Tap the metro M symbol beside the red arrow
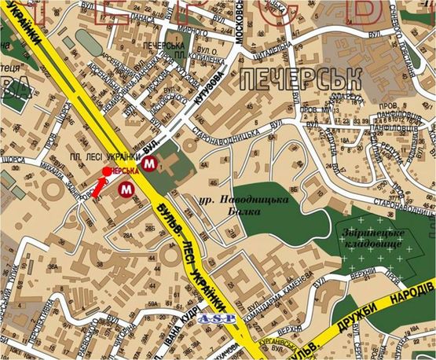click(x=126, y=189)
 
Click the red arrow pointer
click(x=97, y=187)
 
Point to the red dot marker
click(x=106, y=171)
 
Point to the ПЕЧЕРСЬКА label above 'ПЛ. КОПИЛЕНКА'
click(x=163, y=46)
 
